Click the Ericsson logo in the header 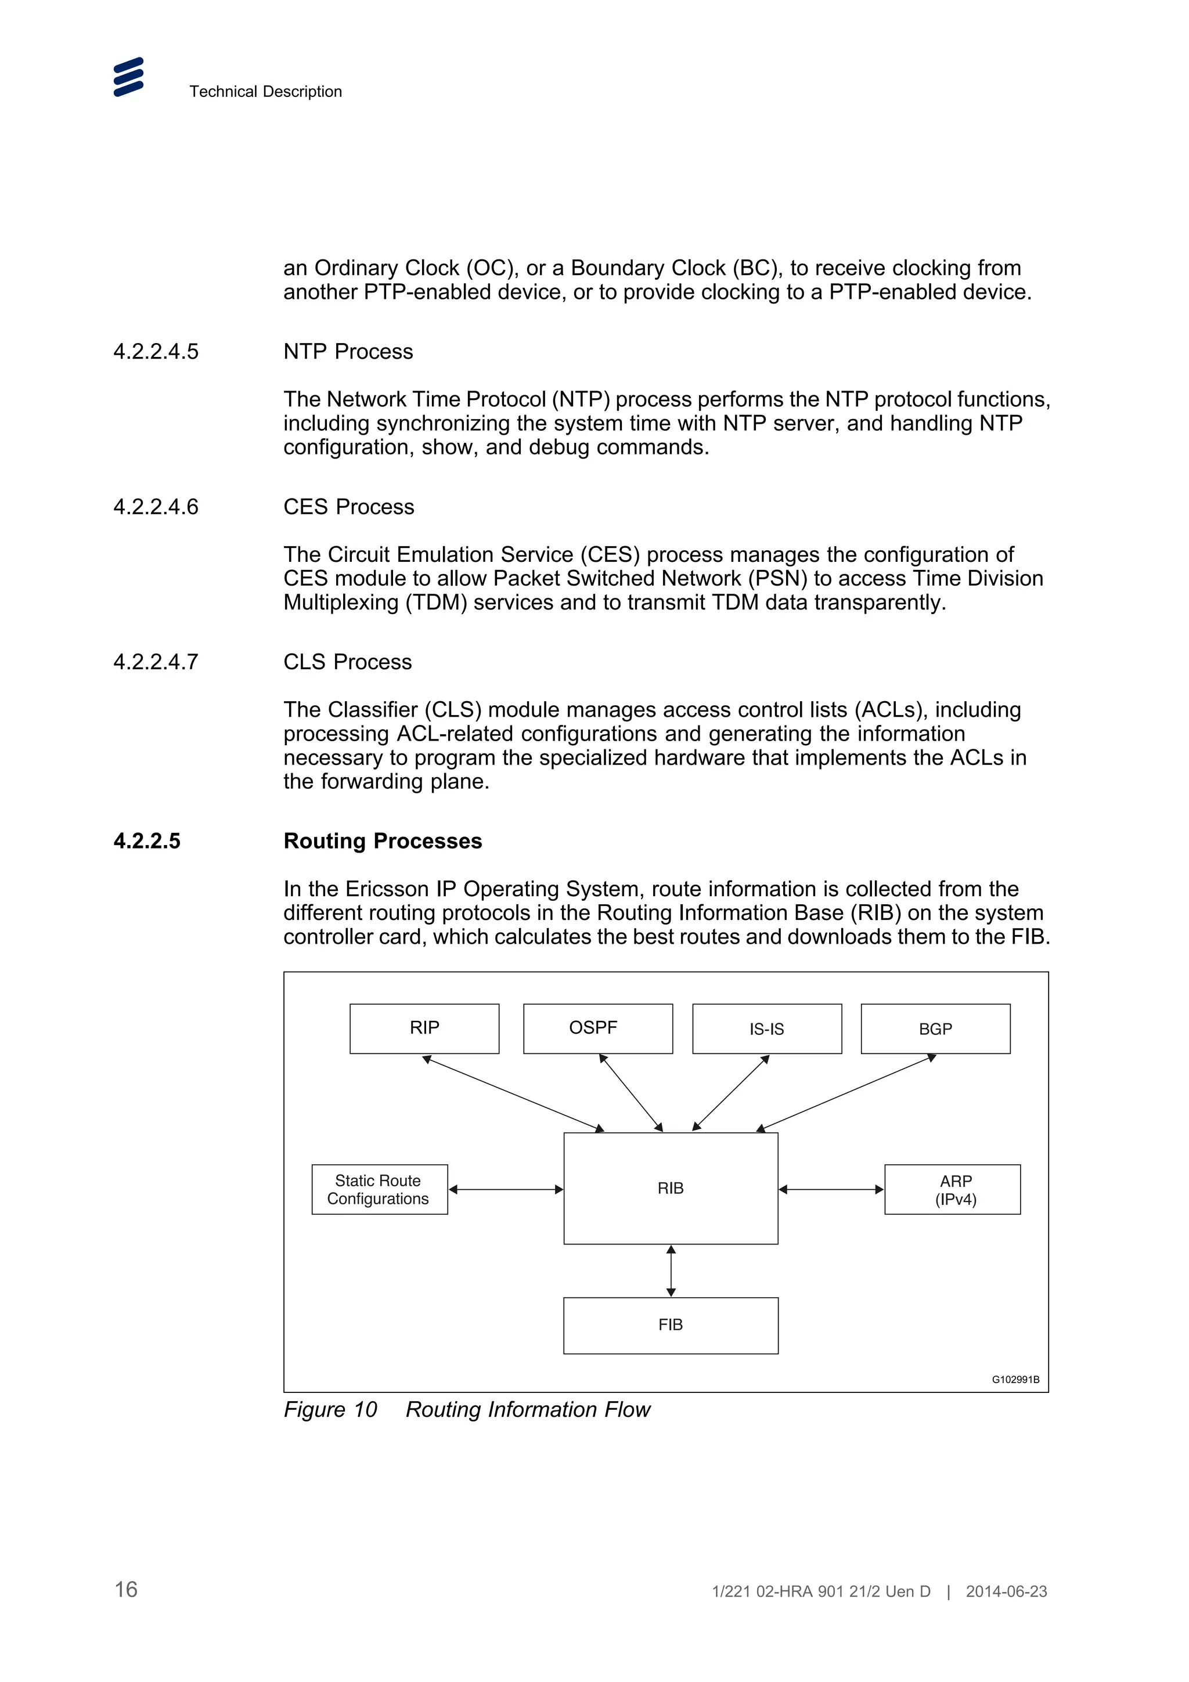click(x=128, y=77)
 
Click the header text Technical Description click(x=265, y=92)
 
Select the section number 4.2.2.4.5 click(x=156, y=352)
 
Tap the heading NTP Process click(x=348, y=352)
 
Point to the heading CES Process click(x=349, y=507)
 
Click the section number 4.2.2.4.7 click(x=156, y=662)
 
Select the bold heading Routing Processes click(x=383, y=841)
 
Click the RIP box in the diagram click(x=424, y=1028)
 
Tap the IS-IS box click(x=766, y=1028)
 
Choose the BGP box click(x=935, y=1028)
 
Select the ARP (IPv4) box click(x=952, y=1189)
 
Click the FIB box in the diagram click(x=671, y=1324)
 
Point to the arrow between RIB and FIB click(x=671, y=1271)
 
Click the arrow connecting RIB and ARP click(x=831, y=1189)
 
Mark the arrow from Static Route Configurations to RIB click(x=506, y=1189)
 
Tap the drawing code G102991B click(x=1015, y=1380)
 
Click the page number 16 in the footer click(x=126, y=1590)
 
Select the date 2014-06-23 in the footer click(x=1006, y=1591)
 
